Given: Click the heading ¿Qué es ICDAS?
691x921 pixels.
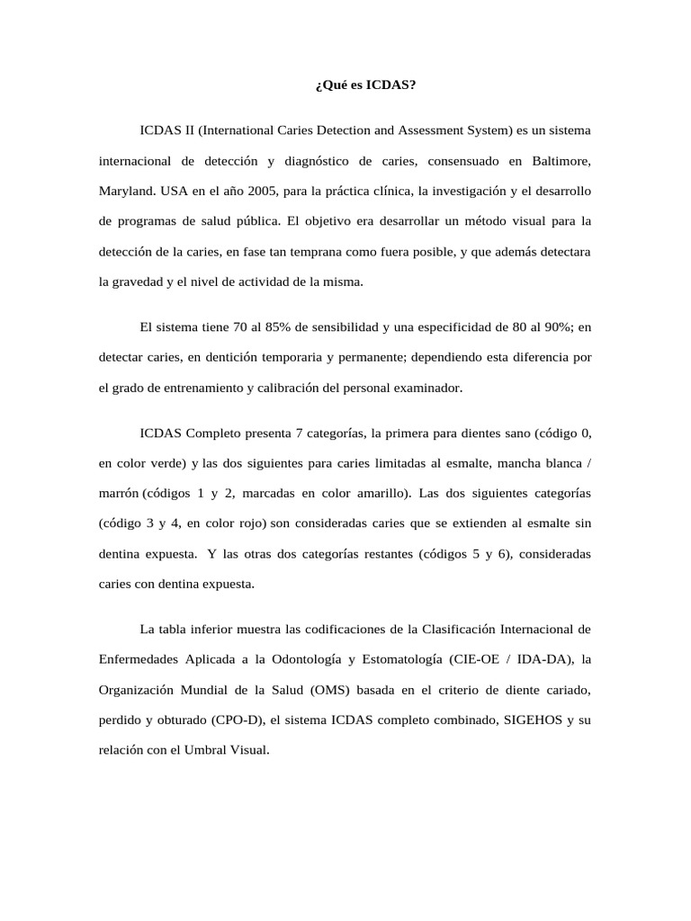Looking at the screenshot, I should pos(365,85).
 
